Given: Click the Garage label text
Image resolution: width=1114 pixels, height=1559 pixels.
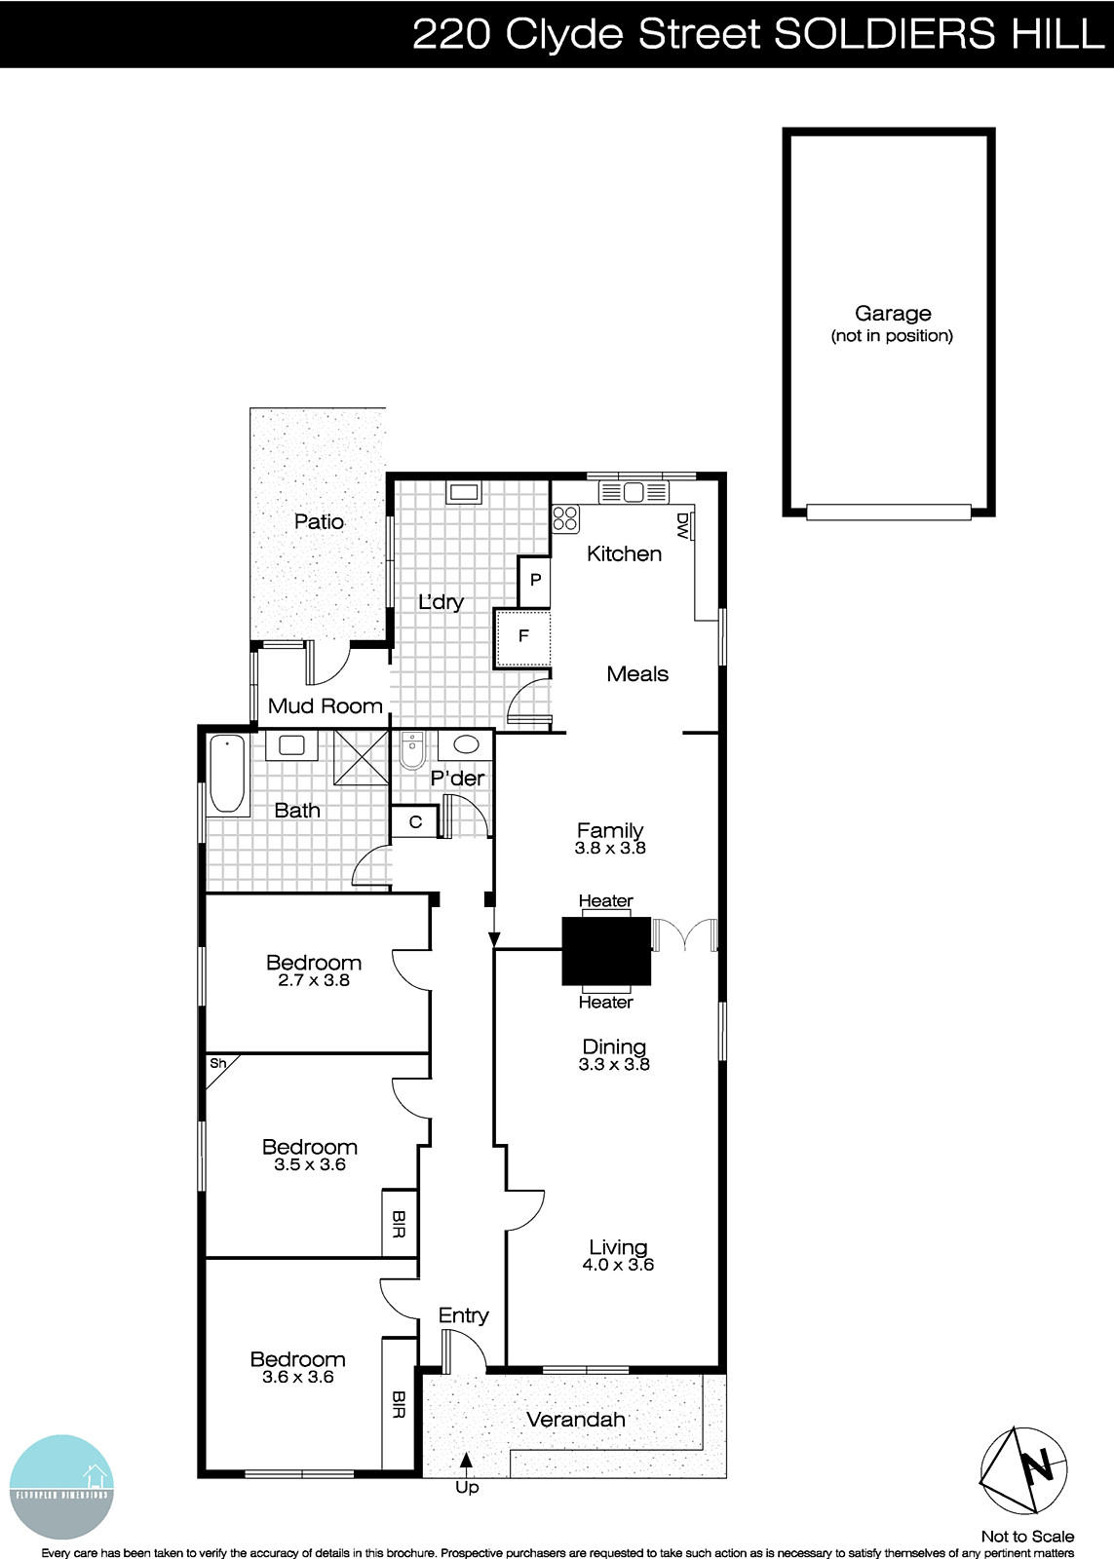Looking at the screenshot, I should pyautogui.click(x=893, y=314).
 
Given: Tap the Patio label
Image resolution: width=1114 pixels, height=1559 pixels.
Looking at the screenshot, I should pyautogui.click(x=320, y=521).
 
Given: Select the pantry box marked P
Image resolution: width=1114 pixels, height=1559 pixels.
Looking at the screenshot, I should pyautogui.click(x=535, y=580).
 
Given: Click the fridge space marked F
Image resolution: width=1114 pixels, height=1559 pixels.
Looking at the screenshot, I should pyautogui.click(x=523, y=636).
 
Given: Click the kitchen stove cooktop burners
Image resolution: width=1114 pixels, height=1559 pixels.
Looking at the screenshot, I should pyautogui.click(x=566, y=518).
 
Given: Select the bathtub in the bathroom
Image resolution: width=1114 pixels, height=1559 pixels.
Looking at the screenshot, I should pyautogui.click(x=228, y=774).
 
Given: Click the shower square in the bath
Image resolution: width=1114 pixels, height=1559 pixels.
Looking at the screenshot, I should pyautogui.click(x=361, y=758).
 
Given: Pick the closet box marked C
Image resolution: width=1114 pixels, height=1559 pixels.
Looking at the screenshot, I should pyautogui.click(x=415, y=821).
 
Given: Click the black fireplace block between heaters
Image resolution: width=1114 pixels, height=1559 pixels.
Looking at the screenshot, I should pyautogui.click(x=605, y=950).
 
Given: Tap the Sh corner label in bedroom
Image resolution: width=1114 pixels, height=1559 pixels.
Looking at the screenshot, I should pyautogui.click(x=217, y=1063).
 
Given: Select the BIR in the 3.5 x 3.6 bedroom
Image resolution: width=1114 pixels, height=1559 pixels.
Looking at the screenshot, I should pyautogui.click(x=399, y=1224).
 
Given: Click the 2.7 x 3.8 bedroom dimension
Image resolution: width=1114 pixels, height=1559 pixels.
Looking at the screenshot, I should pyautogui.click(x=314, y=980).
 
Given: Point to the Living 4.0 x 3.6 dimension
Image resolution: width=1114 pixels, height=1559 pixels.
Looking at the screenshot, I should pyautogui.click(x=618, y=1265).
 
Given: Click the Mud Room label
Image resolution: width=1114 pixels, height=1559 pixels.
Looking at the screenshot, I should pyautogui.click(x=325, y=705).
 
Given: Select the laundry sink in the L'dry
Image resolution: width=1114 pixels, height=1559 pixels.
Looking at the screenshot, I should pyautogui.click(x=463, y=491).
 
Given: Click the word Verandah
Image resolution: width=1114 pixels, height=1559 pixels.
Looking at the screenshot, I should pyautogui.click(x=576, y=1420).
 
